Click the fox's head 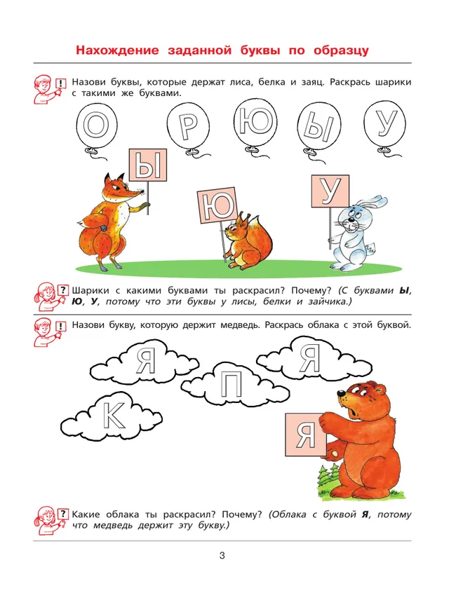(117, 189)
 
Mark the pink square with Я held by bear (304, 435)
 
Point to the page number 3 (222, 557)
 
